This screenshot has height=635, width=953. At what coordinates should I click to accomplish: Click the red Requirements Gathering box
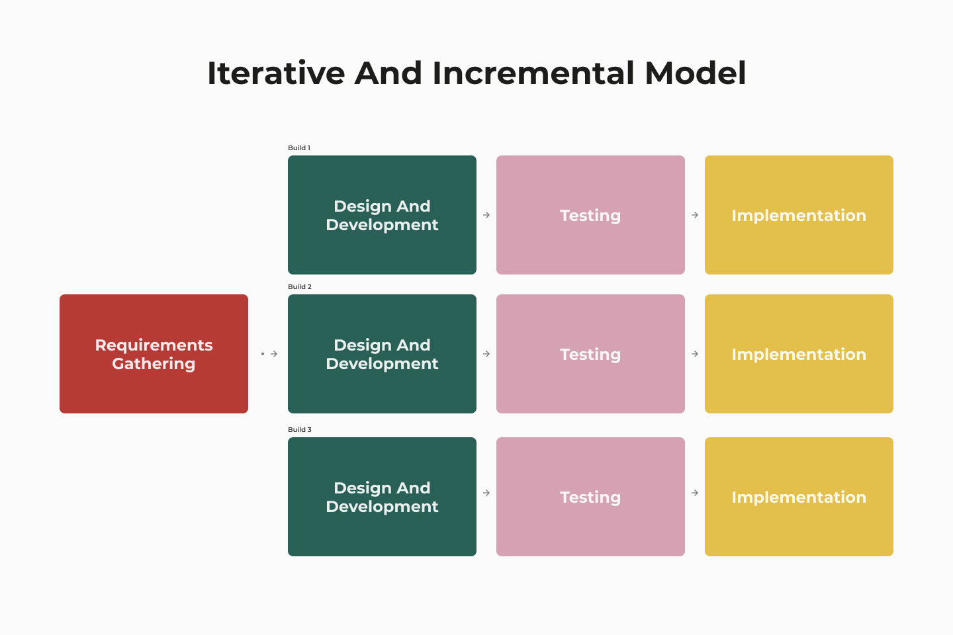(x=154, y=354)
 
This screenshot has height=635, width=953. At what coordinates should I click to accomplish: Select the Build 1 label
(x=299, y=148)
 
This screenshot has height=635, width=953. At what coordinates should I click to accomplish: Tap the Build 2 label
(x=300, y=286)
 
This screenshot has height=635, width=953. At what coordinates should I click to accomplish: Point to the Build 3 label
(x=300, y=429)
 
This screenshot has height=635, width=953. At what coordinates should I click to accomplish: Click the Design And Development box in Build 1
(x=382, y=215)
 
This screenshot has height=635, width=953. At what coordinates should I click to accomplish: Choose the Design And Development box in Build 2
(x=382, y=354)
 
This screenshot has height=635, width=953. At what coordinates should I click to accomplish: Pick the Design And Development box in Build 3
(x=382, y=497)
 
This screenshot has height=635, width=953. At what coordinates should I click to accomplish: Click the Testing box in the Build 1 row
(x=590, y=215)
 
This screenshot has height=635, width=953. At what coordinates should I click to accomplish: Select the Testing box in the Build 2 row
(x=590, y=354)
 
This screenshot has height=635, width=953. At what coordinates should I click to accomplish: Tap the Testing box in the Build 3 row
(x=590, y=497)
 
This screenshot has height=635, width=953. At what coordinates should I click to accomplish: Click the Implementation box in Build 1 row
(x=799, y=215)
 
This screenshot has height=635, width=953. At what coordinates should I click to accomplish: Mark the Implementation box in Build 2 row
(x=799, y=354)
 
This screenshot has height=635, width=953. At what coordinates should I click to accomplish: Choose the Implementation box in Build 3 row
(x=799, y=497)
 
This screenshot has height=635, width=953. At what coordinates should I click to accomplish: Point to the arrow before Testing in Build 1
(x=486, y=215)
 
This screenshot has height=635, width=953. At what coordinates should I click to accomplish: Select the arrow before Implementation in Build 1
(x=695, y=215)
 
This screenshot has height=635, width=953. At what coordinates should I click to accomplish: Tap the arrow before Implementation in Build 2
(x=695, y=354)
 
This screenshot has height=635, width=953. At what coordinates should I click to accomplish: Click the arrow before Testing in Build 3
(x=486, y=493)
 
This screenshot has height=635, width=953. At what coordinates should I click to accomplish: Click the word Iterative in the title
(x=276, y=73)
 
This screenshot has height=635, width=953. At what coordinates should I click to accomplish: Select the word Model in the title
(x=696, y=73)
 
